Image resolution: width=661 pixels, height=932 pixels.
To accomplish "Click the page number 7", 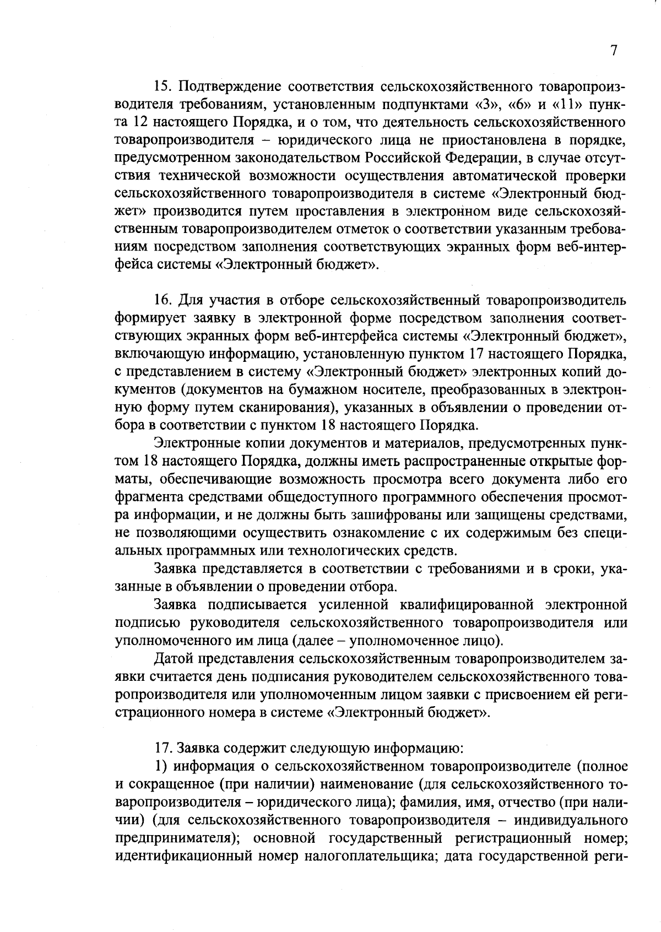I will tap(613, 51).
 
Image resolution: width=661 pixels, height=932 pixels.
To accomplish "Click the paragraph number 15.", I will tap(163, 86).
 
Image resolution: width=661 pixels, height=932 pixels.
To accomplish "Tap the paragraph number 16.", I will tap(163, 301).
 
